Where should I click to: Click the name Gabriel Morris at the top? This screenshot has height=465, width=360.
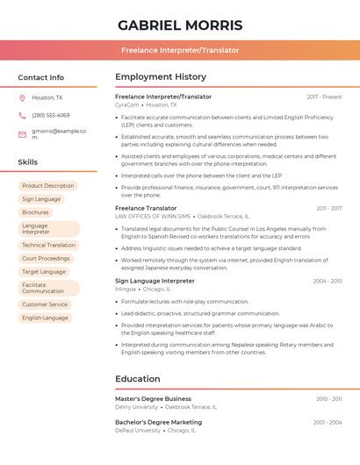(179, 25)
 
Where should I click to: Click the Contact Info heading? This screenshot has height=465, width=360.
(41, 77)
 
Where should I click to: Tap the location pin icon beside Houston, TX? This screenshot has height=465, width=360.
(22, 97)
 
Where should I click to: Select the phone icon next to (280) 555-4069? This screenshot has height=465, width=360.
(22, 115)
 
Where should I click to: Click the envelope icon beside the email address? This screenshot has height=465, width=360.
(22, 134)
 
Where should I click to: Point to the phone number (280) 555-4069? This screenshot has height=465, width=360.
(51, 115)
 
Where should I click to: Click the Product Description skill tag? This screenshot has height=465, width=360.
(47, 186)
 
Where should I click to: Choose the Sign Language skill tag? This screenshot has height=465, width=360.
(41, 199)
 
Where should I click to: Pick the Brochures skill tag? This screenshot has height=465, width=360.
(36, 212)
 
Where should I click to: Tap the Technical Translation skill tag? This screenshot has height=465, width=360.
(48, 246)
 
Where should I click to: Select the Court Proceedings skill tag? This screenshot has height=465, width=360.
(46, 259)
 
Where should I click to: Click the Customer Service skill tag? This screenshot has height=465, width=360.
(45, 304)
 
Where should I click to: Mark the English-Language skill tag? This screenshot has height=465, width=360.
(45, 318)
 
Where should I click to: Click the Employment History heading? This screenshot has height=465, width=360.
(161, 77)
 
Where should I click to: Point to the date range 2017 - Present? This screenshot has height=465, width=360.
(324, 97)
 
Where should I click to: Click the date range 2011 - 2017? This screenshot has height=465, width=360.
(329, 209)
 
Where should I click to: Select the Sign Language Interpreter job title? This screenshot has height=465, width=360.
(155, 281)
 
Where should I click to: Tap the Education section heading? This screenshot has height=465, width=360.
(138, 379)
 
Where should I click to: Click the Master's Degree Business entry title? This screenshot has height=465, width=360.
(153, 398)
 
